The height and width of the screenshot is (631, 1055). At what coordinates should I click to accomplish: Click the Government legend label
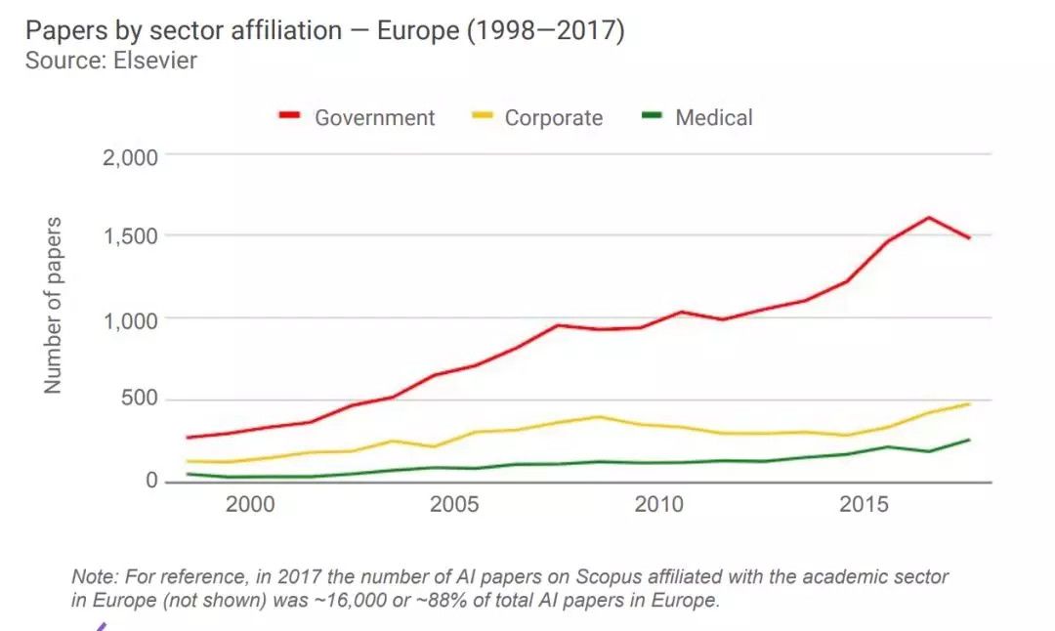(374, 118)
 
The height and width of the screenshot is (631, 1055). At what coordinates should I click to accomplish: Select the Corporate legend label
(553, 118)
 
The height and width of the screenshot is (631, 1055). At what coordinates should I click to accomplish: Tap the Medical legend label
(713, 118)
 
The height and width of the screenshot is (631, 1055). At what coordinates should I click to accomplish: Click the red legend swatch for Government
(289, 117)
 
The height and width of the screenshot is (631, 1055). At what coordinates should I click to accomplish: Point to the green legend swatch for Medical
(652, 117)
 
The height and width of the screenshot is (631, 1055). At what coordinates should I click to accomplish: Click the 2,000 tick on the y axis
(131, 156)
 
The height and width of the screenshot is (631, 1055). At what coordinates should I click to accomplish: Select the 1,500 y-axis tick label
(131, 237)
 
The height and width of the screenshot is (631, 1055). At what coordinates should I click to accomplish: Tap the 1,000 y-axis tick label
(131, 319)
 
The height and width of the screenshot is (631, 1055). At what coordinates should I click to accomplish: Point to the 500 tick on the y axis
(140, 400)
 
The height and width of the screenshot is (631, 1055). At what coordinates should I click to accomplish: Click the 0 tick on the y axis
(151, 482)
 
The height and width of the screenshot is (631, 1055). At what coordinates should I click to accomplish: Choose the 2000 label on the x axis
(249, 506)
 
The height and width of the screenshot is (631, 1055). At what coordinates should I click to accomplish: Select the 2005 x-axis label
(454, 506)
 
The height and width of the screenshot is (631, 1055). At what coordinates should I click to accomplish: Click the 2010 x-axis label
(659, 506)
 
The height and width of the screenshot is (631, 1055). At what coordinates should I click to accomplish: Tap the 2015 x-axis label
(865, 506)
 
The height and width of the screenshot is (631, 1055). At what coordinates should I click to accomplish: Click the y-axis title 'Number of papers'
(53, 306)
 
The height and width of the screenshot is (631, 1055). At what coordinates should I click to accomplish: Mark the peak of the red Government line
(929, 217)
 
